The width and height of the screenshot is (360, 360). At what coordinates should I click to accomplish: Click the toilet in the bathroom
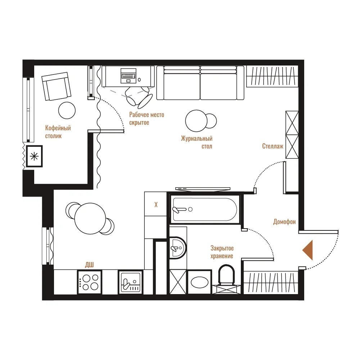coord(226,275)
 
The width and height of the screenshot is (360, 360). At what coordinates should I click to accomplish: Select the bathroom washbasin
coord(177,248)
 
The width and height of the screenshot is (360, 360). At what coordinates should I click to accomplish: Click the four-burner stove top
coord(89,282)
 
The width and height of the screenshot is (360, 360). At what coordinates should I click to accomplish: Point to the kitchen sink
coord(130,282)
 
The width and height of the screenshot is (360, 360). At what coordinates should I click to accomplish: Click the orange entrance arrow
coord(308,250)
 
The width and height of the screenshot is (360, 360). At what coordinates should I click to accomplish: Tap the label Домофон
coord(284,222)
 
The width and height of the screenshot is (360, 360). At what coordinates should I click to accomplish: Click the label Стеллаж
coord(273,146)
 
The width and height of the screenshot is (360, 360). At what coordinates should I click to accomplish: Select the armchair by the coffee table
coord(57,86)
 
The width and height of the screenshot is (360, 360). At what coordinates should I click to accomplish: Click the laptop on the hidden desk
coord(129,76)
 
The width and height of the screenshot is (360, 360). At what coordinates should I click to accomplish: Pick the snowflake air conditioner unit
coord(34,156)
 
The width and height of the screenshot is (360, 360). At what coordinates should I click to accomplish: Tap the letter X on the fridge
coord(156,204)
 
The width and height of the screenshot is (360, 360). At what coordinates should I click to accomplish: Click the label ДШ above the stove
coord(89,265)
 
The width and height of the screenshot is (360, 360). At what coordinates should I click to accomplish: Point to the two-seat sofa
coord(200,83)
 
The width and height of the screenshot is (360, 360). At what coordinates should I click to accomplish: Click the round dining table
coord(90,219)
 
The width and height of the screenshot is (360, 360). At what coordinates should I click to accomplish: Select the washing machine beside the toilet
coord(199,282)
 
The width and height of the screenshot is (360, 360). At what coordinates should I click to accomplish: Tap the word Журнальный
coord(197,139)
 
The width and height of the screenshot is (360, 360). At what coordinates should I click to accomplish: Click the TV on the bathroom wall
coord(203,189)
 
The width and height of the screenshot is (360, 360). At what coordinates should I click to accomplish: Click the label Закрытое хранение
coord(222,252)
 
